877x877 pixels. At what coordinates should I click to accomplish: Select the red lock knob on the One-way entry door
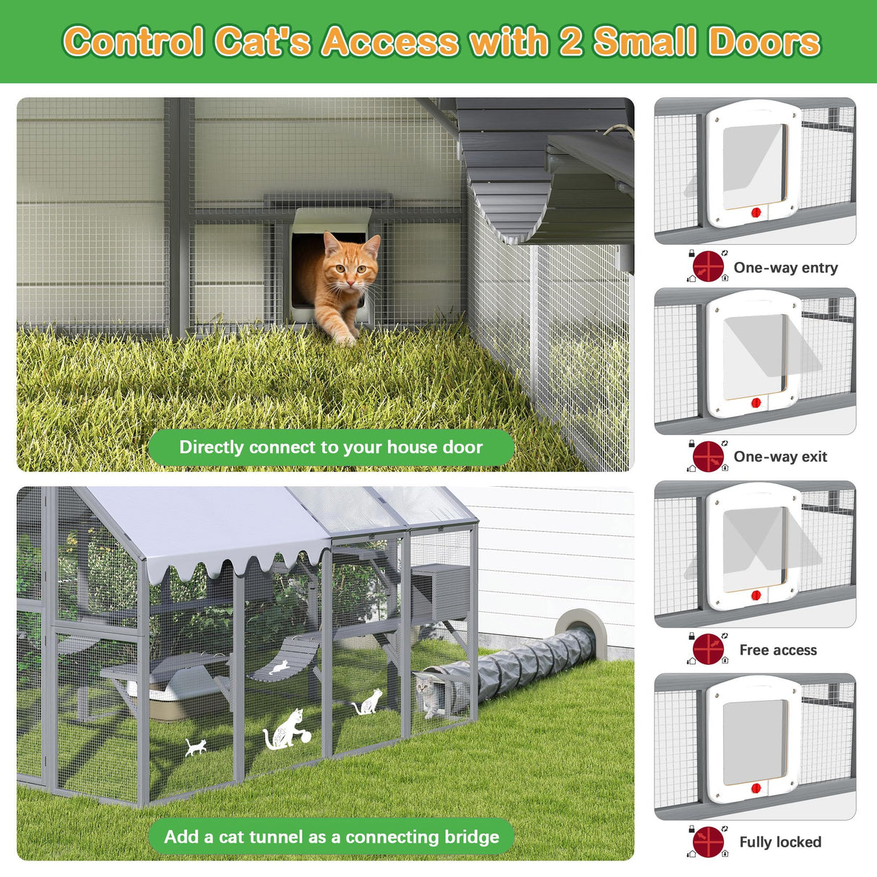coord(756,213)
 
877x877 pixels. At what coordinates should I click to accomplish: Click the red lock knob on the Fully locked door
coord(756,788)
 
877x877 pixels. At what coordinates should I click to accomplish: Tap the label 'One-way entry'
coord(785,268)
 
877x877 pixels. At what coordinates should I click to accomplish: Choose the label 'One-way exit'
coord(780,457)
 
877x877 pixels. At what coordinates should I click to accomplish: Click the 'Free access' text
coord(778,650)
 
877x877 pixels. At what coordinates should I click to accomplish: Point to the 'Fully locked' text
coord(780,842)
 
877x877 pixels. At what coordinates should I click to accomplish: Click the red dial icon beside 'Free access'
coord(708,649)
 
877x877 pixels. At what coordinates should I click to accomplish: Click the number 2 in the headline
coord(571,42)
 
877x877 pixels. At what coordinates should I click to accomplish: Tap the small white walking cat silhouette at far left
coord(195,747)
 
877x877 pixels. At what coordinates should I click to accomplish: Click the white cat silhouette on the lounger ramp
coord(278,667)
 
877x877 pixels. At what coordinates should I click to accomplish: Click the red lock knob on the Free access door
coord(756,596)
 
